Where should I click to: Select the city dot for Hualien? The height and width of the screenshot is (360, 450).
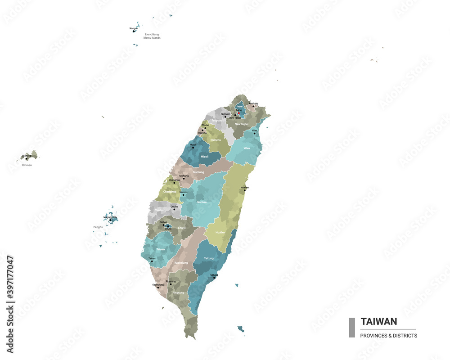pos(245,190)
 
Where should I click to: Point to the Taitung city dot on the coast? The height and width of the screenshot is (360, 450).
pos(214,278)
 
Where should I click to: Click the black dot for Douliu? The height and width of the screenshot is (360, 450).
pos(174,209)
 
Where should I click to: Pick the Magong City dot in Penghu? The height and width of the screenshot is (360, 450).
pos(110,220)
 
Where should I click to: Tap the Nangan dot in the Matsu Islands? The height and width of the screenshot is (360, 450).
pos(134,31)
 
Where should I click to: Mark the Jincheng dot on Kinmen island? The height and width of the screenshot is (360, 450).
pos(27,158)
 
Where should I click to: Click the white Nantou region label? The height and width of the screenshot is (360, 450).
pos(202,202)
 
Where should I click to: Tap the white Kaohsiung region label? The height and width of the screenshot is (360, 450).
pos(181,262)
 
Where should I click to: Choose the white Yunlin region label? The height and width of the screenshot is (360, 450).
pos(159,210)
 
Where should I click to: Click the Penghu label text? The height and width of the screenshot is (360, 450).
pos(98,227)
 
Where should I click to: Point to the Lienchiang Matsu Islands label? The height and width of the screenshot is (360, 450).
pos(152,36)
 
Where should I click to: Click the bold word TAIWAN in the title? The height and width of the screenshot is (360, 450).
pos(379,321)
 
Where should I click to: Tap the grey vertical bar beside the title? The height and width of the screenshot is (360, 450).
pos(352,328)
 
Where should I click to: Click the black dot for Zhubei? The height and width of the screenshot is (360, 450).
pos(204,130)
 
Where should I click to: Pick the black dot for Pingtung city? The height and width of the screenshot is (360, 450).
pos(171,284)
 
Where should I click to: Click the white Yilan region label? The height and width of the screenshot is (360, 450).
pos(246,148)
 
